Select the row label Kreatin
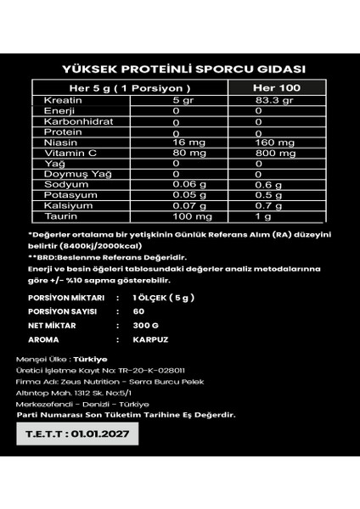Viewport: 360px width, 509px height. pos(57,101)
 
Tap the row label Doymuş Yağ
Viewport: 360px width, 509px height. pos(65,174)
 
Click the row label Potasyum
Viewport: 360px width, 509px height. pos(62,194)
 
